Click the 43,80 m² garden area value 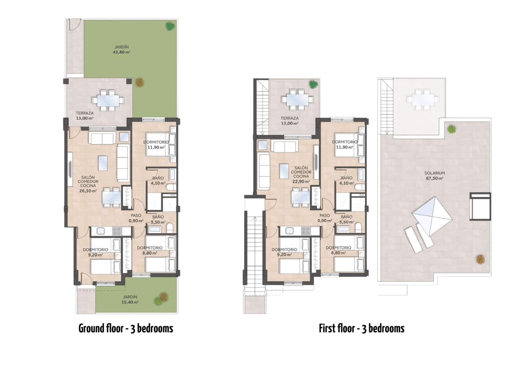[x=121, y=52]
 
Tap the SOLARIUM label [x=435, y=173]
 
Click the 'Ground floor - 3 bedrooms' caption [x=126, y=328]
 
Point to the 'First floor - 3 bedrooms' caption [x=362, y=328]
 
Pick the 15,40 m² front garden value [x=130, y=302]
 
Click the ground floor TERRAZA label [x=84, y=113]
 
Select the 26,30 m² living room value [x=88, y=191]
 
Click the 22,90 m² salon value [x=301, y=182]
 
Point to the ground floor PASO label [x=136, y=216]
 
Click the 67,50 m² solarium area [x=435, y=179]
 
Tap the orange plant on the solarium [x=480, y=259]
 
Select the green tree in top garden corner [x=170, y=26]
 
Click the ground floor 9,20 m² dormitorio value [x=95, y=255]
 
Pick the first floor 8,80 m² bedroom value [x=338, y=253]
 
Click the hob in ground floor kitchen [x=117, y=231]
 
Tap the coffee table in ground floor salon [x=103, y=163]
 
